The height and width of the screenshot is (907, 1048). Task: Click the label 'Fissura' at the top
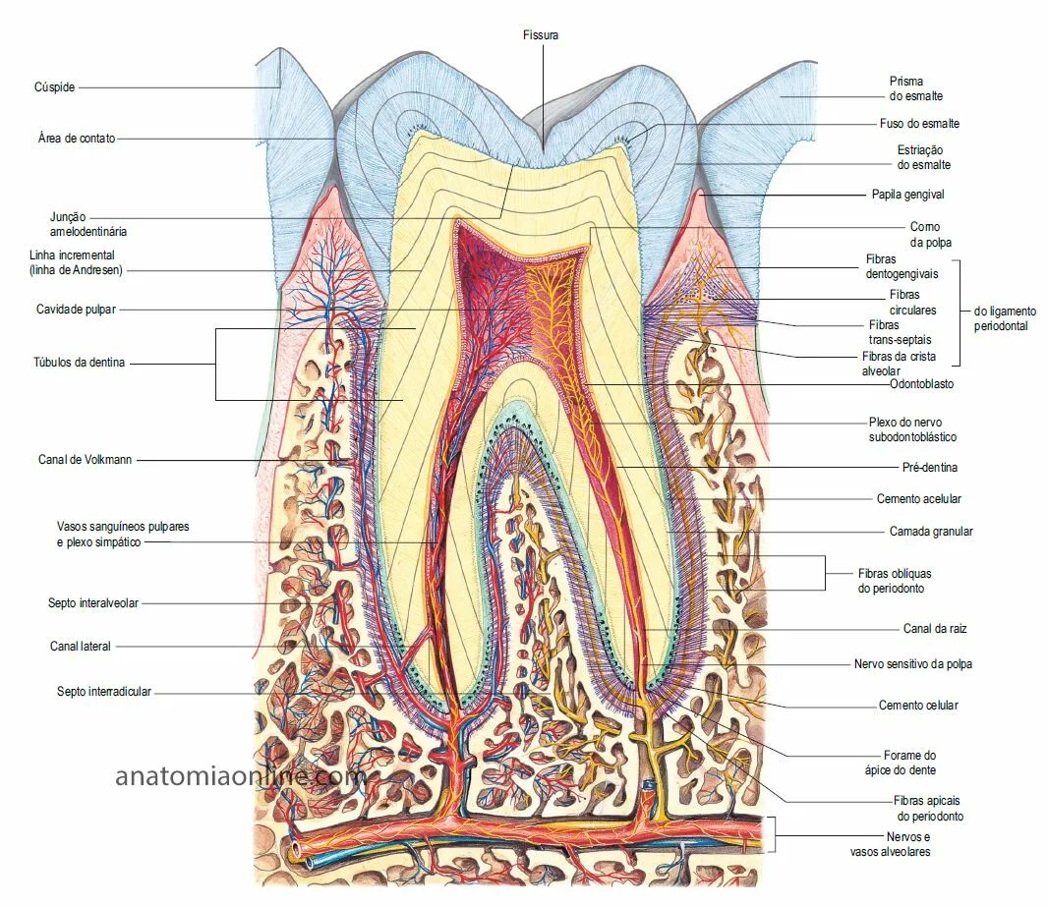541,35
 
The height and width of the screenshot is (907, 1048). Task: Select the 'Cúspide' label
54,87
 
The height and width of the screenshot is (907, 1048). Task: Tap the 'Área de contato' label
77,139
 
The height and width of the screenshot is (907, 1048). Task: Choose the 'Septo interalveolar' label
93,602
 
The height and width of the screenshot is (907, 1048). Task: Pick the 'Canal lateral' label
81,646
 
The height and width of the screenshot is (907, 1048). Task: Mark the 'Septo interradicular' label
104,692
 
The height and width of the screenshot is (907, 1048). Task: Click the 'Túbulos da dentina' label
80,363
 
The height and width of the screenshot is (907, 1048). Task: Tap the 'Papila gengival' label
907,195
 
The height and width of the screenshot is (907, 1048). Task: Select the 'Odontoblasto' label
921,384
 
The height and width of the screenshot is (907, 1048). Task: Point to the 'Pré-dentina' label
929,467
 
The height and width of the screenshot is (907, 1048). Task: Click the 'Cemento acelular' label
918,499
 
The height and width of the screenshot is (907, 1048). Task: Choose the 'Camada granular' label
930,531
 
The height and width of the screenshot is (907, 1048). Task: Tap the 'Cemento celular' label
917,705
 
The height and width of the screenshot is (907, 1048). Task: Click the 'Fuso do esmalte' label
919,124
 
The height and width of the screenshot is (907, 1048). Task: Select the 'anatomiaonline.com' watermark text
242,776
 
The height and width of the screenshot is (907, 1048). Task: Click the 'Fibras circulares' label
912,302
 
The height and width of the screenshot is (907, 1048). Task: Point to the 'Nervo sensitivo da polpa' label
913,664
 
